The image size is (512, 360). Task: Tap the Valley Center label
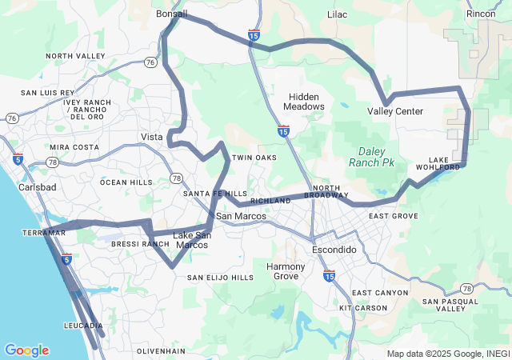point(395,111)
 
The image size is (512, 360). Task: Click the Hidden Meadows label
point(306,102)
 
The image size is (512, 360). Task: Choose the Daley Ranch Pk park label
point(371,157)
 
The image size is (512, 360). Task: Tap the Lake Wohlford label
point(438,163)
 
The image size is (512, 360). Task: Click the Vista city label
point(152,137)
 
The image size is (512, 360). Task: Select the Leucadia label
point(83,326)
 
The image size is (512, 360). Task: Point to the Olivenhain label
point(161,351)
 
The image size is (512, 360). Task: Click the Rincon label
point(481,14)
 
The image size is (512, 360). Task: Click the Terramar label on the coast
point(44,232)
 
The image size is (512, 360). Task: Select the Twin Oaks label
point(254,158)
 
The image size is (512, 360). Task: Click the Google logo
point(26,350)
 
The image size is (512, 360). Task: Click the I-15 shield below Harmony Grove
point(329,275)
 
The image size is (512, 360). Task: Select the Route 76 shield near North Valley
point(150,62)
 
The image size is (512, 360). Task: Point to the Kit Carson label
point(363,308)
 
